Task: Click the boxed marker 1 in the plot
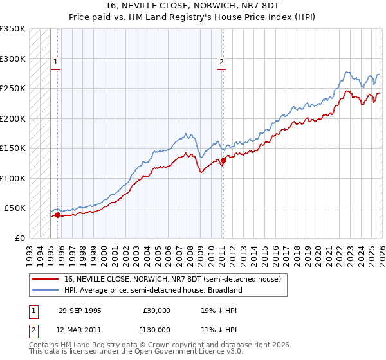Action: tap(56, 62)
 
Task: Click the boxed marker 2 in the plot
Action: tap(221, 62)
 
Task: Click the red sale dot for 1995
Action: tap(58, 215)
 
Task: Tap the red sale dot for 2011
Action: tap(223, 160)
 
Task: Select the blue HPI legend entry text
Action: tap(152, 290)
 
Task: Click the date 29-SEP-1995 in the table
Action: tap(80, 310)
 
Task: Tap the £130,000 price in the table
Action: tap(156, 329)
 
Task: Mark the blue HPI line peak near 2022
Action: tap(347, 72)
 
